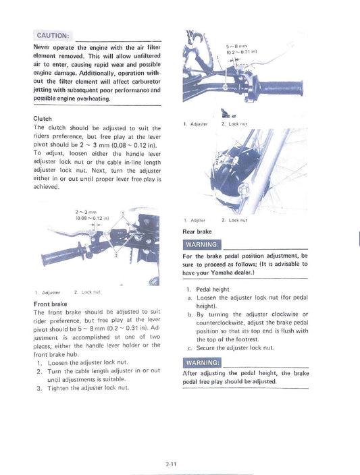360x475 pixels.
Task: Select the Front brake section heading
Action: (49, 304)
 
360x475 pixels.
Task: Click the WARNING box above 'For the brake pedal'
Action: (201, 244)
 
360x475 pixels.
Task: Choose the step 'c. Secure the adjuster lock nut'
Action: (230, 347)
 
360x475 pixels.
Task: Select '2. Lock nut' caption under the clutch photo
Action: (87, 292)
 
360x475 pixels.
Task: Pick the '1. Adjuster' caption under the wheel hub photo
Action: (195, 220)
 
